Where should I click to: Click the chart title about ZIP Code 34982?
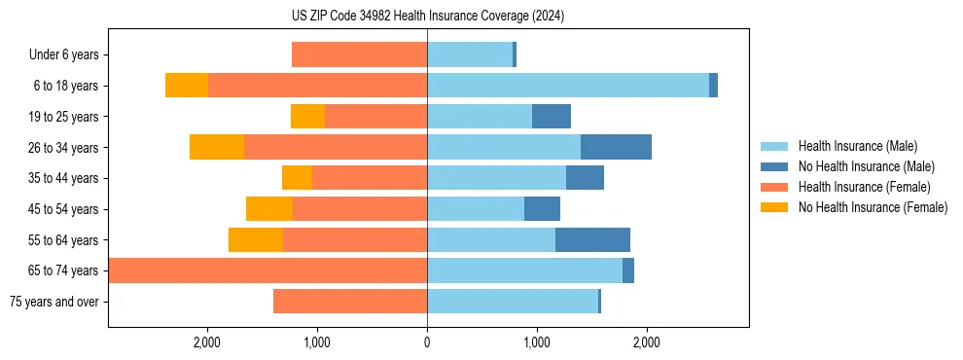(x=427, y=17)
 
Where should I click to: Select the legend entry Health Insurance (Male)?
(x=857, y=146)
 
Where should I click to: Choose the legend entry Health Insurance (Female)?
(x=864, y=187)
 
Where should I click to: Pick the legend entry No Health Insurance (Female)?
(x=872, y=207)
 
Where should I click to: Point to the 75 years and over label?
(x=53, y=302)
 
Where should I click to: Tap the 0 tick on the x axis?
(x=427, y=342)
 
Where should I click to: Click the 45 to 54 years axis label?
(x=63, y=209)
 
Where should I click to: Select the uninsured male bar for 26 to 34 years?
(x=616, y=147)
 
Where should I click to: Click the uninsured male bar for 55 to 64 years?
(x=592, y=239)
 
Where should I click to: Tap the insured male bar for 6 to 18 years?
(x=568, y=86)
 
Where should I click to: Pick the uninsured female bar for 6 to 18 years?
(x=187, y=86)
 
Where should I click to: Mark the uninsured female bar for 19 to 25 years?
(x=307, y=117)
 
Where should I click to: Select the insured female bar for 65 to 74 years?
(x=267, y=270)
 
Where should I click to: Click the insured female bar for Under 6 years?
(x=359, y=55)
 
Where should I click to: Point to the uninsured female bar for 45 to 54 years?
(x=269, y=209)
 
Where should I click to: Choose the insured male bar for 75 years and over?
(x=513, y=302)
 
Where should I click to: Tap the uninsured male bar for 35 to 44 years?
(x=585, y=178)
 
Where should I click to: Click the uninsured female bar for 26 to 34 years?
(x=217, y=147)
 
